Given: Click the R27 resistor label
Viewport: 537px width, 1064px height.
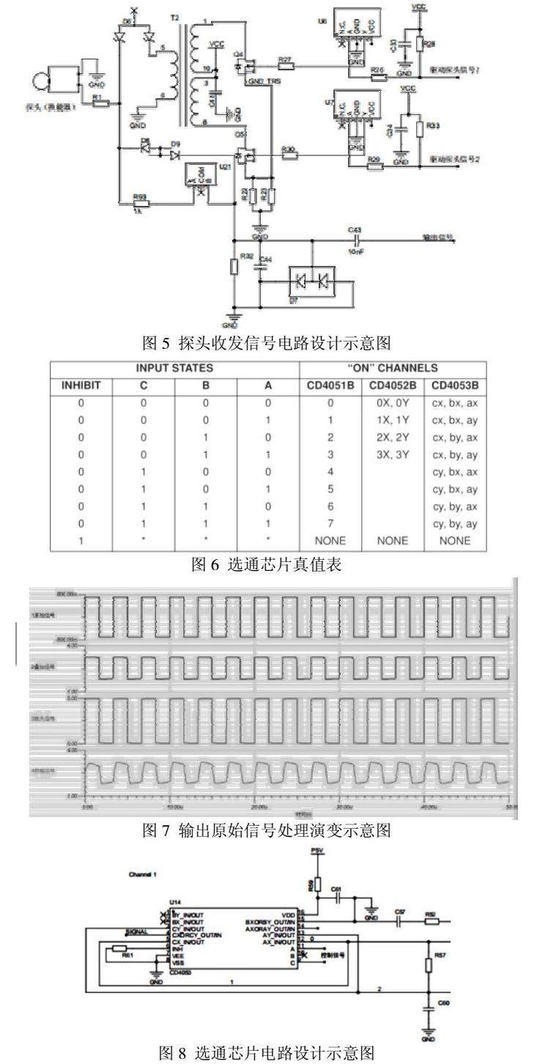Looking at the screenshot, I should [284, 58].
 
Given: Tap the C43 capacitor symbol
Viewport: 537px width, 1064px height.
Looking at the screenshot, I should [356, 239].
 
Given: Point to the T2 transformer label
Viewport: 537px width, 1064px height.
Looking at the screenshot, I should [173, 15].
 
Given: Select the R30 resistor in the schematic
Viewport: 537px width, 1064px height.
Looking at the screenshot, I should [289, 156].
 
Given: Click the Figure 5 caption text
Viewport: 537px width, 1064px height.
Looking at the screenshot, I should [268, 341].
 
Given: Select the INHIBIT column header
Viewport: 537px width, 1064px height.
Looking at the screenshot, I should [81, 385].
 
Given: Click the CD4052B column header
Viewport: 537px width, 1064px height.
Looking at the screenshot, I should [393, 385].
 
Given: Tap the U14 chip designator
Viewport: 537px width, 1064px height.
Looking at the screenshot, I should [174, 903].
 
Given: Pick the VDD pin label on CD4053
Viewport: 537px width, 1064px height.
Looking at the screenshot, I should [288, 913].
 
